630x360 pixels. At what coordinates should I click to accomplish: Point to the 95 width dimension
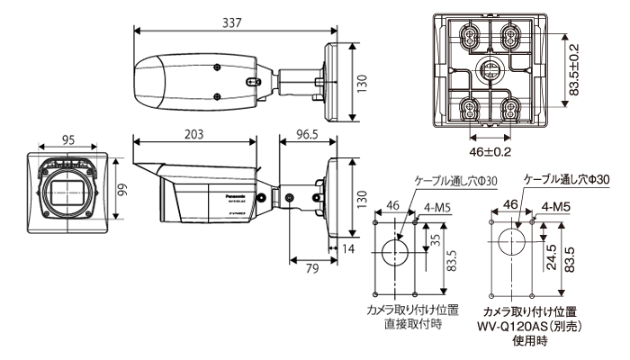69,140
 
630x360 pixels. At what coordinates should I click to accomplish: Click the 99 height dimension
124,191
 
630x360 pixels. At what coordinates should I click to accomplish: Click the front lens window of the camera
69,192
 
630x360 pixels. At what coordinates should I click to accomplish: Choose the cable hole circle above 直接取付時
392,252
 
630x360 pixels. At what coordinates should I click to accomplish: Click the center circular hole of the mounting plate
489,68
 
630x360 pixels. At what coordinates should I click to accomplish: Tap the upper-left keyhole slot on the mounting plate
468,35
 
